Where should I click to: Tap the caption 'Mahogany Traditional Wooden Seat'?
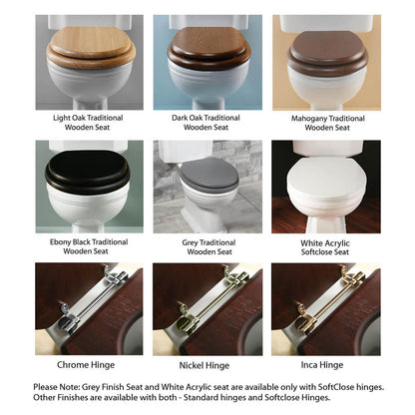(x=326, y=123)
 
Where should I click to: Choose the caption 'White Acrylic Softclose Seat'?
(x=326, y=246)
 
